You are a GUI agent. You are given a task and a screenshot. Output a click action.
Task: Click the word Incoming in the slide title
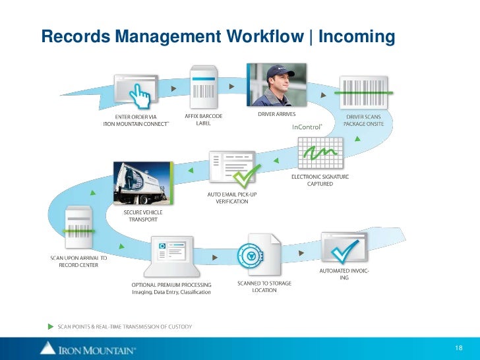tap(356, 37)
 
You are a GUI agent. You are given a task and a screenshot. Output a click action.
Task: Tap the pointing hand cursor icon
tap(140, 98)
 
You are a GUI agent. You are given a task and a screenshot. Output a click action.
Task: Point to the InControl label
tap(307, 127)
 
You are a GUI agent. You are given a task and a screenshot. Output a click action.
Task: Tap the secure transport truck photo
tap(140, 182)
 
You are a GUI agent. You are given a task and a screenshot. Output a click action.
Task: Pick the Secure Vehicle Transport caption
tap(142, 216)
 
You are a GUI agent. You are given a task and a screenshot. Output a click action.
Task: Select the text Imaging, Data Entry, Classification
tap(171, 292)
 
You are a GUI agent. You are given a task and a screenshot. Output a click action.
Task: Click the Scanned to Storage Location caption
tap(264, 287)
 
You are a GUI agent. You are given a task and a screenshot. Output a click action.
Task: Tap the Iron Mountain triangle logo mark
tap(47, 347)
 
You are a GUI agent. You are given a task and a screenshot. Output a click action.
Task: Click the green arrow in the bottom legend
tap(50, 326)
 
